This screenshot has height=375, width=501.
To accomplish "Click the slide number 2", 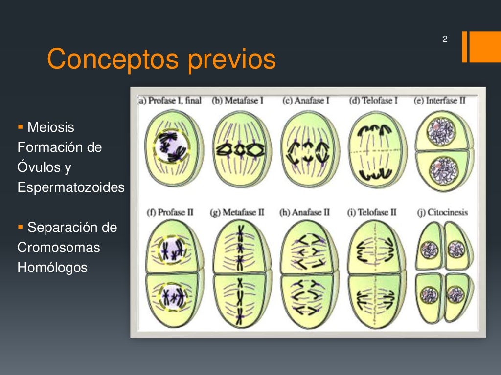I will click(x=445, y=39).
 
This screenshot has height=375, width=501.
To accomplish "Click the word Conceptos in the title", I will click(x=113, y=60).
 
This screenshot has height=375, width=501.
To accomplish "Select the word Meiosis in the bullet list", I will click(x=51, y=127).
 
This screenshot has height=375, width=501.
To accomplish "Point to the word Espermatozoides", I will click(x=71, y=187).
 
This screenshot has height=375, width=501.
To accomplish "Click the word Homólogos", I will click(x=52, y=268).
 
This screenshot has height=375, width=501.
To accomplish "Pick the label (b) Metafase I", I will click(x=238, y=101).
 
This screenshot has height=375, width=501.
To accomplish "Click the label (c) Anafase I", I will click(x=306, y=101).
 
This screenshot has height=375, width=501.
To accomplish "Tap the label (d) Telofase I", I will click(x=373, y=101).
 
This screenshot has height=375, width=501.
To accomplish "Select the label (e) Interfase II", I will click(x=440, y=101).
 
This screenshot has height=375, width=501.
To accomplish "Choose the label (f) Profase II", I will click(x=171, y=212).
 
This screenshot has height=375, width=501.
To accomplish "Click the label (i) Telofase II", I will click(x=373, y=212).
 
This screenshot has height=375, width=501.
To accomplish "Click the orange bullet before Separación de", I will click(x=20, y=227).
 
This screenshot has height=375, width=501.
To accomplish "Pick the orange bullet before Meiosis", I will click(x=20, y=127).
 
